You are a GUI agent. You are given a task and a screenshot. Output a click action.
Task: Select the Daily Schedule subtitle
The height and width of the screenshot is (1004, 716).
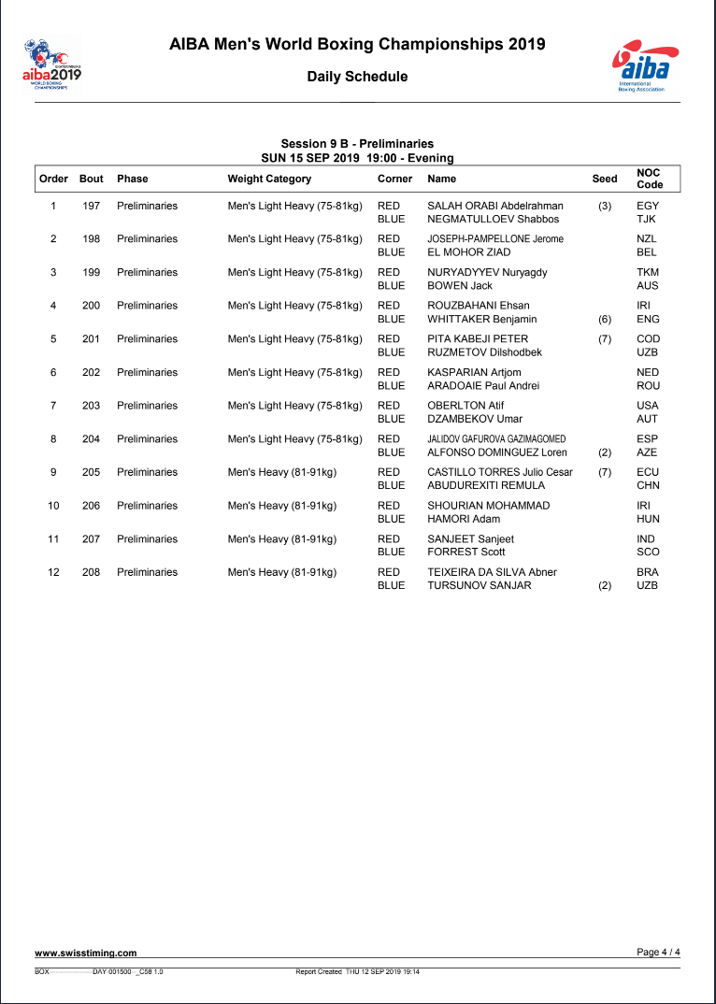point(357,77)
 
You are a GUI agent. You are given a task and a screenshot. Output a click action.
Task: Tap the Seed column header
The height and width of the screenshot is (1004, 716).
point(605,179)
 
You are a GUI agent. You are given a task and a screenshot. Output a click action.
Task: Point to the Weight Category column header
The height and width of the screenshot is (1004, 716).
point(269,179)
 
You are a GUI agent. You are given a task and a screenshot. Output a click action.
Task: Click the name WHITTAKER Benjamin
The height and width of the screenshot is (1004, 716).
point(481,319)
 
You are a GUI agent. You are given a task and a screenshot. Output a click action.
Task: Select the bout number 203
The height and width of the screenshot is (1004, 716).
point(91,406)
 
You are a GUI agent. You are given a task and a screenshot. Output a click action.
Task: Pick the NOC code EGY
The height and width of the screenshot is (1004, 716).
point(648,206)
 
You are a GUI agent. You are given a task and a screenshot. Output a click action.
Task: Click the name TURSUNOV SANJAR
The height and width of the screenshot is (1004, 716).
point(479,585)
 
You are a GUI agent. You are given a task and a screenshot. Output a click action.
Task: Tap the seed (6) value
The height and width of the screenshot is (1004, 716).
point(605,319)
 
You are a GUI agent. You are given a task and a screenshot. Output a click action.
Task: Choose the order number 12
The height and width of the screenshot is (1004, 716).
point(53,572)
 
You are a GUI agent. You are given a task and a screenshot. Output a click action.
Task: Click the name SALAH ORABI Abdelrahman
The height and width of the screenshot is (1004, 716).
point(495,206)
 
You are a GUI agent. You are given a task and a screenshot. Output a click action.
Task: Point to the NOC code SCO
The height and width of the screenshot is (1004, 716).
point(648,552)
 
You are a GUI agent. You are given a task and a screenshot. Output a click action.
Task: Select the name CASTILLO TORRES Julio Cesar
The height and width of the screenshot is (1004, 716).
point(500,472)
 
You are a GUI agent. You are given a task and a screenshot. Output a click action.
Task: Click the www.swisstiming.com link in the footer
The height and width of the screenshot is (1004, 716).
point(86,954)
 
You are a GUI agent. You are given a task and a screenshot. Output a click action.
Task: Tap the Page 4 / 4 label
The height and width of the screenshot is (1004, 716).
point(658,952)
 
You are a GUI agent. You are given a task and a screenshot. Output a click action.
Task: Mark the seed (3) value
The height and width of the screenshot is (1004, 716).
point(605,206)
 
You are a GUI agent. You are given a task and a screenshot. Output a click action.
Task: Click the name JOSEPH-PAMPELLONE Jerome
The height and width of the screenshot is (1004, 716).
point(495,238)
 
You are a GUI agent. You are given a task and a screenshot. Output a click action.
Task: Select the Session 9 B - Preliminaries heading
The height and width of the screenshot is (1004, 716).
point(357,144)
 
